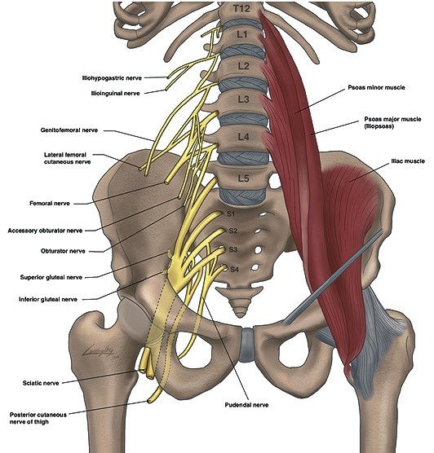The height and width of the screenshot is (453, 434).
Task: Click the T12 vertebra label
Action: [x=241, y=8]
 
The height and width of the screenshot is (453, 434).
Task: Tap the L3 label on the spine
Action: [x=243, y=99]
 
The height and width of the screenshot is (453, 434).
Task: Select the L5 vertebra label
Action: [x=243, y=178]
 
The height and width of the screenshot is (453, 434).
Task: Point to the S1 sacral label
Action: [x=231, y=214]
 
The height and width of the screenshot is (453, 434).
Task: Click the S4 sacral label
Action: [x=234, y=270]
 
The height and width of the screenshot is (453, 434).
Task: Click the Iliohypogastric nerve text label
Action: [x=112, y=78]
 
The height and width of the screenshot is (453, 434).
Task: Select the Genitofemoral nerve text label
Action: [x=69, y=130]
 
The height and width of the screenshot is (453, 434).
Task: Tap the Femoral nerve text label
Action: [x=50, y=204]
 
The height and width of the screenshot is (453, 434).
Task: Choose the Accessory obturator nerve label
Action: [x=45, y=231]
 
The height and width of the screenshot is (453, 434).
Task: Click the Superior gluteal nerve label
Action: [x=51, y=277]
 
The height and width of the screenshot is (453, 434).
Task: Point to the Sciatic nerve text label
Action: [x=41, y=383]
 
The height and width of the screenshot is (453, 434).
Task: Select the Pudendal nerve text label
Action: [x=246, y=405]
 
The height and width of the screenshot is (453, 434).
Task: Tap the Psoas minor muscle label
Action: [x=376, y=87]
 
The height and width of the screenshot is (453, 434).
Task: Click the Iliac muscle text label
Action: [x=408, y=161]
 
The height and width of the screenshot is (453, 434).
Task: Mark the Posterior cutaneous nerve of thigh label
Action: [x=38, y=418]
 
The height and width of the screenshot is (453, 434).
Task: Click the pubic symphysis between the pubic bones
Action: [x=246, y=345]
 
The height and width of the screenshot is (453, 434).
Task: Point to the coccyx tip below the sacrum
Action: [x=240, y=315]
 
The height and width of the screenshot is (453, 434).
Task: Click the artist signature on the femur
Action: [x=99, y=351]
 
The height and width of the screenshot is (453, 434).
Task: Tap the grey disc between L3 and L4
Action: [x=244, y=120]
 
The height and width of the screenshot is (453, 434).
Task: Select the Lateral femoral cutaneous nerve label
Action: [x=67, y=158]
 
